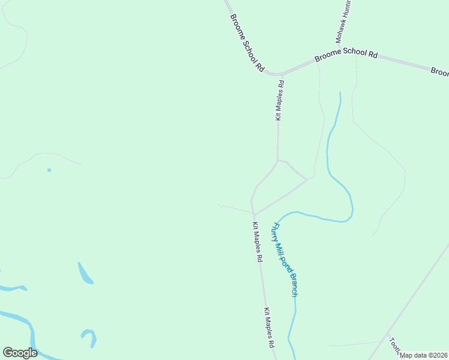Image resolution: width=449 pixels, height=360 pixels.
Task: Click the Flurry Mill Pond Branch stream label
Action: [286, 259]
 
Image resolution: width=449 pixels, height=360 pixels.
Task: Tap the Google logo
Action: [20, 353]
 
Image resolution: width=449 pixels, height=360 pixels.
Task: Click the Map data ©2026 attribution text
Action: [424, 355]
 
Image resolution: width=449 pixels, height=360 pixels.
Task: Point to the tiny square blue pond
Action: [49, 170]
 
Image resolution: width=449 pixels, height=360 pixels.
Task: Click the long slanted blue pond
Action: [85, 272]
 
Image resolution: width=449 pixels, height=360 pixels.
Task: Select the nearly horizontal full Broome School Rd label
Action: [346, 54]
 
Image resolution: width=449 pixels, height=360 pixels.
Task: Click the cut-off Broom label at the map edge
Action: [440, 72]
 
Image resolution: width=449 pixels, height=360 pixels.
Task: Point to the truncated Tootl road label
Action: [394, 345]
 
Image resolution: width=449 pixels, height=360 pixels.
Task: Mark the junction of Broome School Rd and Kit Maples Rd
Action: [279, 74]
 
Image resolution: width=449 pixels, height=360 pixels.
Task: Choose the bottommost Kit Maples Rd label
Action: [269, 329]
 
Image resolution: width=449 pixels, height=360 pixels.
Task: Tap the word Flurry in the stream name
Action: [276, 231]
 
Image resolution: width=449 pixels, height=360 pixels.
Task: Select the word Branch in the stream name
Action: [292, 286]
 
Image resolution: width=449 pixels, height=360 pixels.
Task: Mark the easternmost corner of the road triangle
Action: [307, 179]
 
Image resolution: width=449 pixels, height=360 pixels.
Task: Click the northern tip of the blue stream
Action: [340, 93]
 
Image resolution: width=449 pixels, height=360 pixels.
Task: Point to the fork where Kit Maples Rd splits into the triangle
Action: [277, 160]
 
